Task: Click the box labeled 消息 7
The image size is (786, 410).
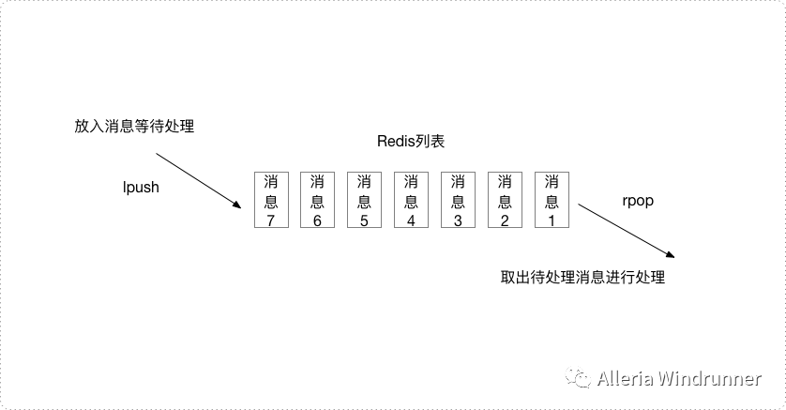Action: point(271,200)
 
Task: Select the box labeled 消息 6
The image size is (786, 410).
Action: point(318,200)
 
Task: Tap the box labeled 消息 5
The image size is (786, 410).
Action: point(365,200)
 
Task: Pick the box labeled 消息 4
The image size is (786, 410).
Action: point(412,200)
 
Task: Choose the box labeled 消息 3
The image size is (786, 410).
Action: point(459,200)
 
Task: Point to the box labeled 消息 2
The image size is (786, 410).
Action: point(506,200)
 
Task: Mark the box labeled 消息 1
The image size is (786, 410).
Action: point(552,200)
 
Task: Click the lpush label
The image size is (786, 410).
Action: point(142,187)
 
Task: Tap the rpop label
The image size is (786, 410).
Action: point(638,201)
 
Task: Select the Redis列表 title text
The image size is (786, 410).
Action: point(409,142)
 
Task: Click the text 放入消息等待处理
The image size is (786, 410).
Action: point(134,125)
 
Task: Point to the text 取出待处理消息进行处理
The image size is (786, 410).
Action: point(582,278)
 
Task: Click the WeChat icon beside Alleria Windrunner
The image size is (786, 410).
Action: point(581,379)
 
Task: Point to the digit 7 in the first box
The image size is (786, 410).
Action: point(271,220)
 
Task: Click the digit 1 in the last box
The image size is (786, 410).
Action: point(552,220)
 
